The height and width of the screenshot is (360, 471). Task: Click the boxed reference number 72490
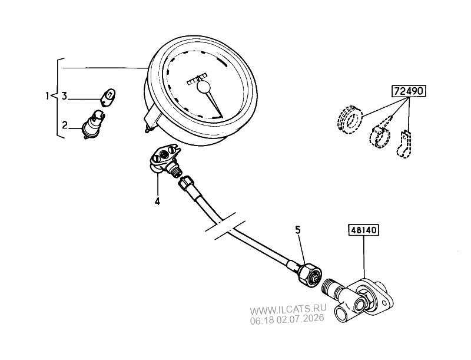pyautogui.click(x=409, y=91)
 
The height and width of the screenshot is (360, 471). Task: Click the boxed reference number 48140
pyautogui.click(x=363, y=230)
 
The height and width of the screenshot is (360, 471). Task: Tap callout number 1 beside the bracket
pyautogui.click(x=47, y=96)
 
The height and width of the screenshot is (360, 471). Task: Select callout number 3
pyautogui.click(x=64, y=96)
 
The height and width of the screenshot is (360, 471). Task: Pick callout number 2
pyautogui.click(x=65, y=125)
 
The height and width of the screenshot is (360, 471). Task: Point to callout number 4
pyautogui.click(x=157, y=201)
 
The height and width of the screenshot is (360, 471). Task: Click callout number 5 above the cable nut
pyautogui.click(x=298, y=230)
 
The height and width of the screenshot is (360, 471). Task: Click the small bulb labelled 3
pyautogui.click(x=108, y=97)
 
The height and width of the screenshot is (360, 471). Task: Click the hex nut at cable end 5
pyautogui.click(x=310, y=275)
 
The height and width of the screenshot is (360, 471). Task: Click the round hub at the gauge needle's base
pyautogui.click(x=204, y=87)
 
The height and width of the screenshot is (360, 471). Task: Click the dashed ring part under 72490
pyautogui.click(x=349, y=119)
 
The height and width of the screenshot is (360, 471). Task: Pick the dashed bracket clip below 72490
pyautogui.click(x=404, y=144)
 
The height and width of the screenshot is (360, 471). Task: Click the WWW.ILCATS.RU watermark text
pyautogui.click(x=288, y=309)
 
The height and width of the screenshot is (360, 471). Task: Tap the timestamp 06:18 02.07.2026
pyautogui.click(x=287, y=319)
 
